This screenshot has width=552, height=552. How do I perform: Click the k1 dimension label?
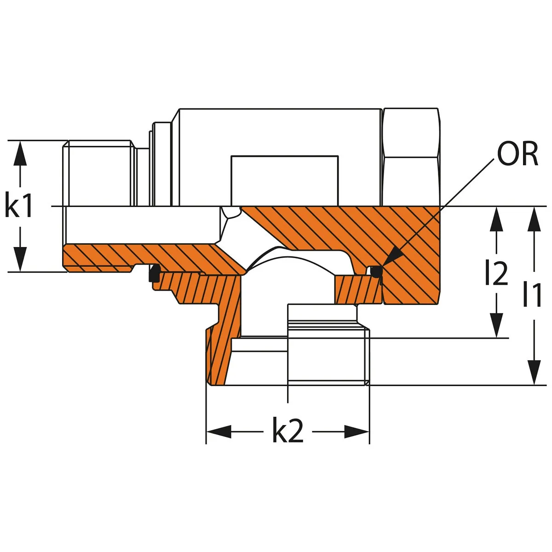pos(18,206)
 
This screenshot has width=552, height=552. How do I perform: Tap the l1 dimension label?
pos(532,293)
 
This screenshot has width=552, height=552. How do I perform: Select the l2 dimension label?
pos(496,272)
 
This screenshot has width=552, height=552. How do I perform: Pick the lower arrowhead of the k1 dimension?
pos(20,259)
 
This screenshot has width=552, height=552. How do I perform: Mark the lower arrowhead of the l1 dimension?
pos(534,373)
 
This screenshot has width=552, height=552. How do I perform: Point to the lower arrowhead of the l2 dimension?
pos(496,326)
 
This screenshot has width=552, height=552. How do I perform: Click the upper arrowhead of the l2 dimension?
pos(496,219)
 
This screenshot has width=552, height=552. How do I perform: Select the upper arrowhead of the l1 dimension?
pos(534,219)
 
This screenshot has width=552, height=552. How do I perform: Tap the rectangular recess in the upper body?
pos(284,181)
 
